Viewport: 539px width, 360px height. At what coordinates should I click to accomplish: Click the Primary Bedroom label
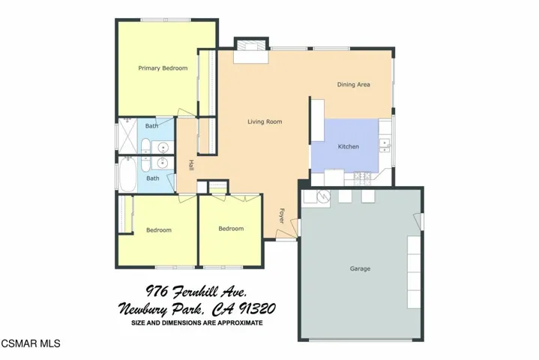click(162, 68)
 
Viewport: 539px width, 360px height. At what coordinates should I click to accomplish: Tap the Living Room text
click(265, 121)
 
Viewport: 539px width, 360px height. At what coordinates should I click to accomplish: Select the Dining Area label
click(353, 85)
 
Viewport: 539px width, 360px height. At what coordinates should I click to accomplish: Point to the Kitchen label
click(349, 146)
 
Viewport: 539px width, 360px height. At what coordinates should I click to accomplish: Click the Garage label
click(360, 268)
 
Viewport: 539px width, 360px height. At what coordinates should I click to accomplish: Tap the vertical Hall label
click(191, 165)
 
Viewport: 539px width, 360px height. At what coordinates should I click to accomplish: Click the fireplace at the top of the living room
click(249, 52)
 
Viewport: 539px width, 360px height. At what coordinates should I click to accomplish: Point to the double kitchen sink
click(385, 142)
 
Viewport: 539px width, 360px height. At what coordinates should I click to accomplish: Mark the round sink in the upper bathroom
click(161, 147)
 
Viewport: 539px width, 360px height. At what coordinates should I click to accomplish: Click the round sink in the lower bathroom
click(161, 163)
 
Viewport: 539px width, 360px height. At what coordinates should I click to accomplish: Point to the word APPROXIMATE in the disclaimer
click(235, 323)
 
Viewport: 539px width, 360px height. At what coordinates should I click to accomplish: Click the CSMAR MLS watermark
click(30, 343)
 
